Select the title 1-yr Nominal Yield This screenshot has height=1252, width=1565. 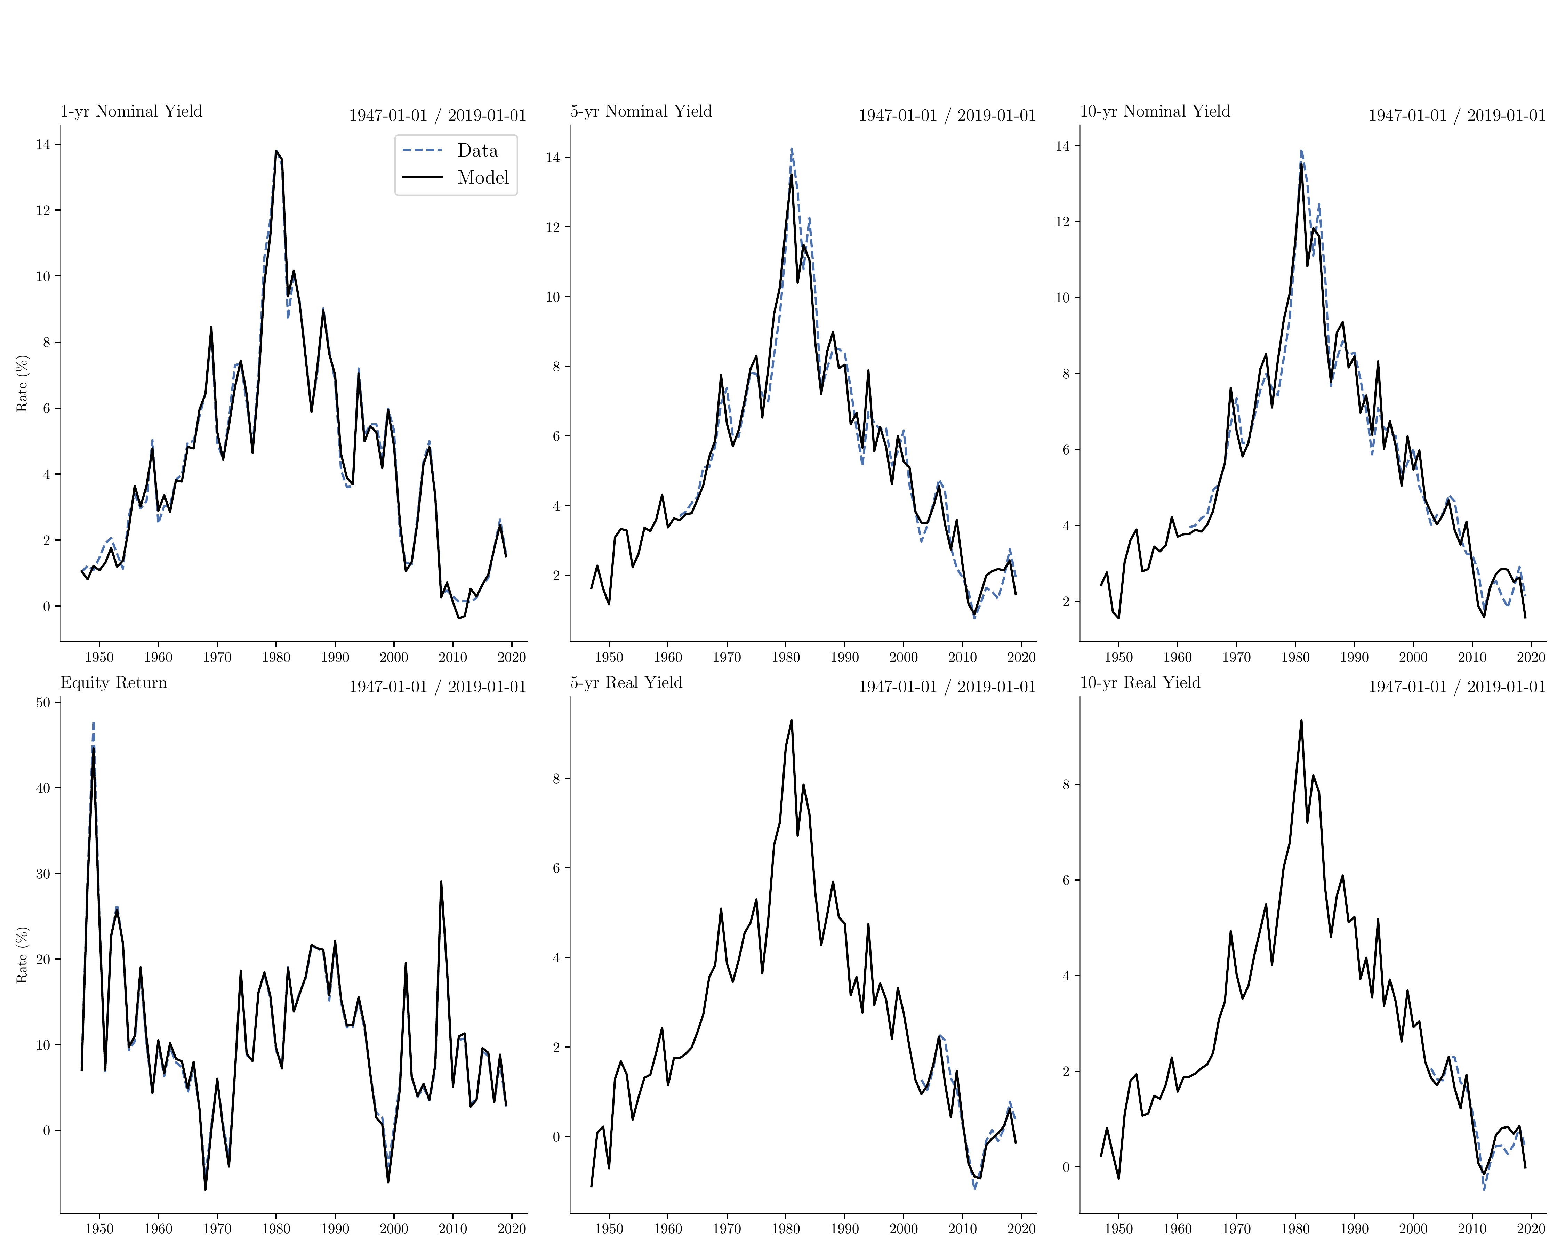[x=131, y=111]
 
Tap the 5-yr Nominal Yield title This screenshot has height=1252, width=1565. [x=641, y=111]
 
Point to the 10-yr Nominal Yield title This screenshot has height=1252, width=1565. [x=1155, y=111]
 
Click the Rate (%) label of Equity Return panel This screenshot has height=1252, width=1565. [x=22, y=955]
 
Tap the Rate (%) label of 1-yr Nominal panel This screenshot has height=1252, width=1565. [x=22, y=383]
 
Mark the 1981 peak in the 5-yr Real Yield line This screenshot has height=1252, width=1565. [x=791, y=721]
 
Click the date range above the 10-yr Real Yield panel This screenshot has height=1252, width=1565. [x=1457, y=687]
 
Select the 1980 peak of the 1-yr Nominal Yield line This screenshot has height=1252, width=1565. [x=276, y=151]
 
